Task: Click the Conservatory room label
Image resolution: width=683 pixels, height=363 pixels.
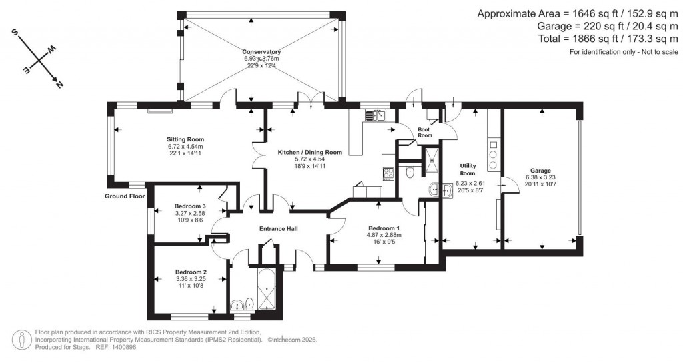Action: [x=261, y=52]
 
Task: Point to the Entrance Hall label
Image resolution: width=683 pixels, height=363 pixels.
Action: [x=278, y=229]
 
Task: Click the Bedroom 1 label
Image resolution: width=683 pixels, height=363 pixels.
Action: [x=384, y=228]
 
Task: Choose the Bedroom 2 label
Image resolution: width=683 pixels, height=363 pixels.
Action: [x=191, y=272]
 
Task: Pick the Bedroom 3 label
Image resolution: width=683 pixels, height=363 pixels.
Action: [x=190, y=206]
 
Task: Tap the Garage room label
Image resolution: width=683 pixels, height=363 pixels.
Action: [x=540, y=171]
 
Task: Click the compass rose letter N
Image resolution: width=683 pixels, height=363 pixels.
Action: [x=59, y=85]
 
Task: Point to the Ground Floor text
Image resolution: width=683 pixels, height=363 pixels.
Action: [x=125, y=196]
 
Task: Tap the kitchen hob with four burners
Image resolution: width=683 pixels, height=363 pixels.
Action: [x=388, y=173]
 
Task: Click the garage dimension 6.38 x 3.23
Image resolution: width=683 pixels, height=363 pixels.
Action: [x=540, y=177]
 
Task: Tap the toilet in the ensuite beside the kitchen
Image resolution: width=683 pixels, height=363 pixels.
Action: [x=410, y=173]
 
